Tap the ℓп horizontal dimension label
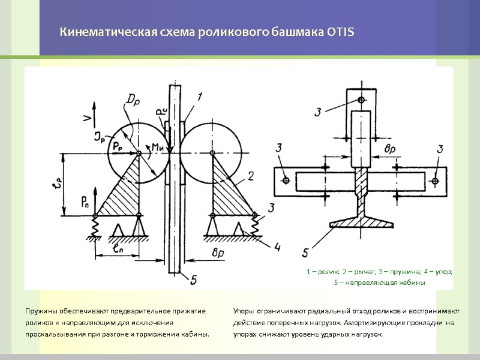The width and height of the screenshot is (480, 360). click(118, 247)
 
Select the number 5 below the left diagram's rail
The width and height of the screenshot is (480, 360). click(193, 279)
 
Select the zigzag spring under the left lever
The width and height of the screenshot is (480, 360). click(95, 226)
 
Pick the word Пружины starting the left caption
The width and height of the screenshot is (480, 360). click(41, 311)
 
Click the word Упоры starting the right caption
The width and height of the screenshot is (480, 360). click(245, 311)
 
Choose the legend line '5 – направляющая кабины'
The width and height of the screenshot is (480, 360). click(379, 283)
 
